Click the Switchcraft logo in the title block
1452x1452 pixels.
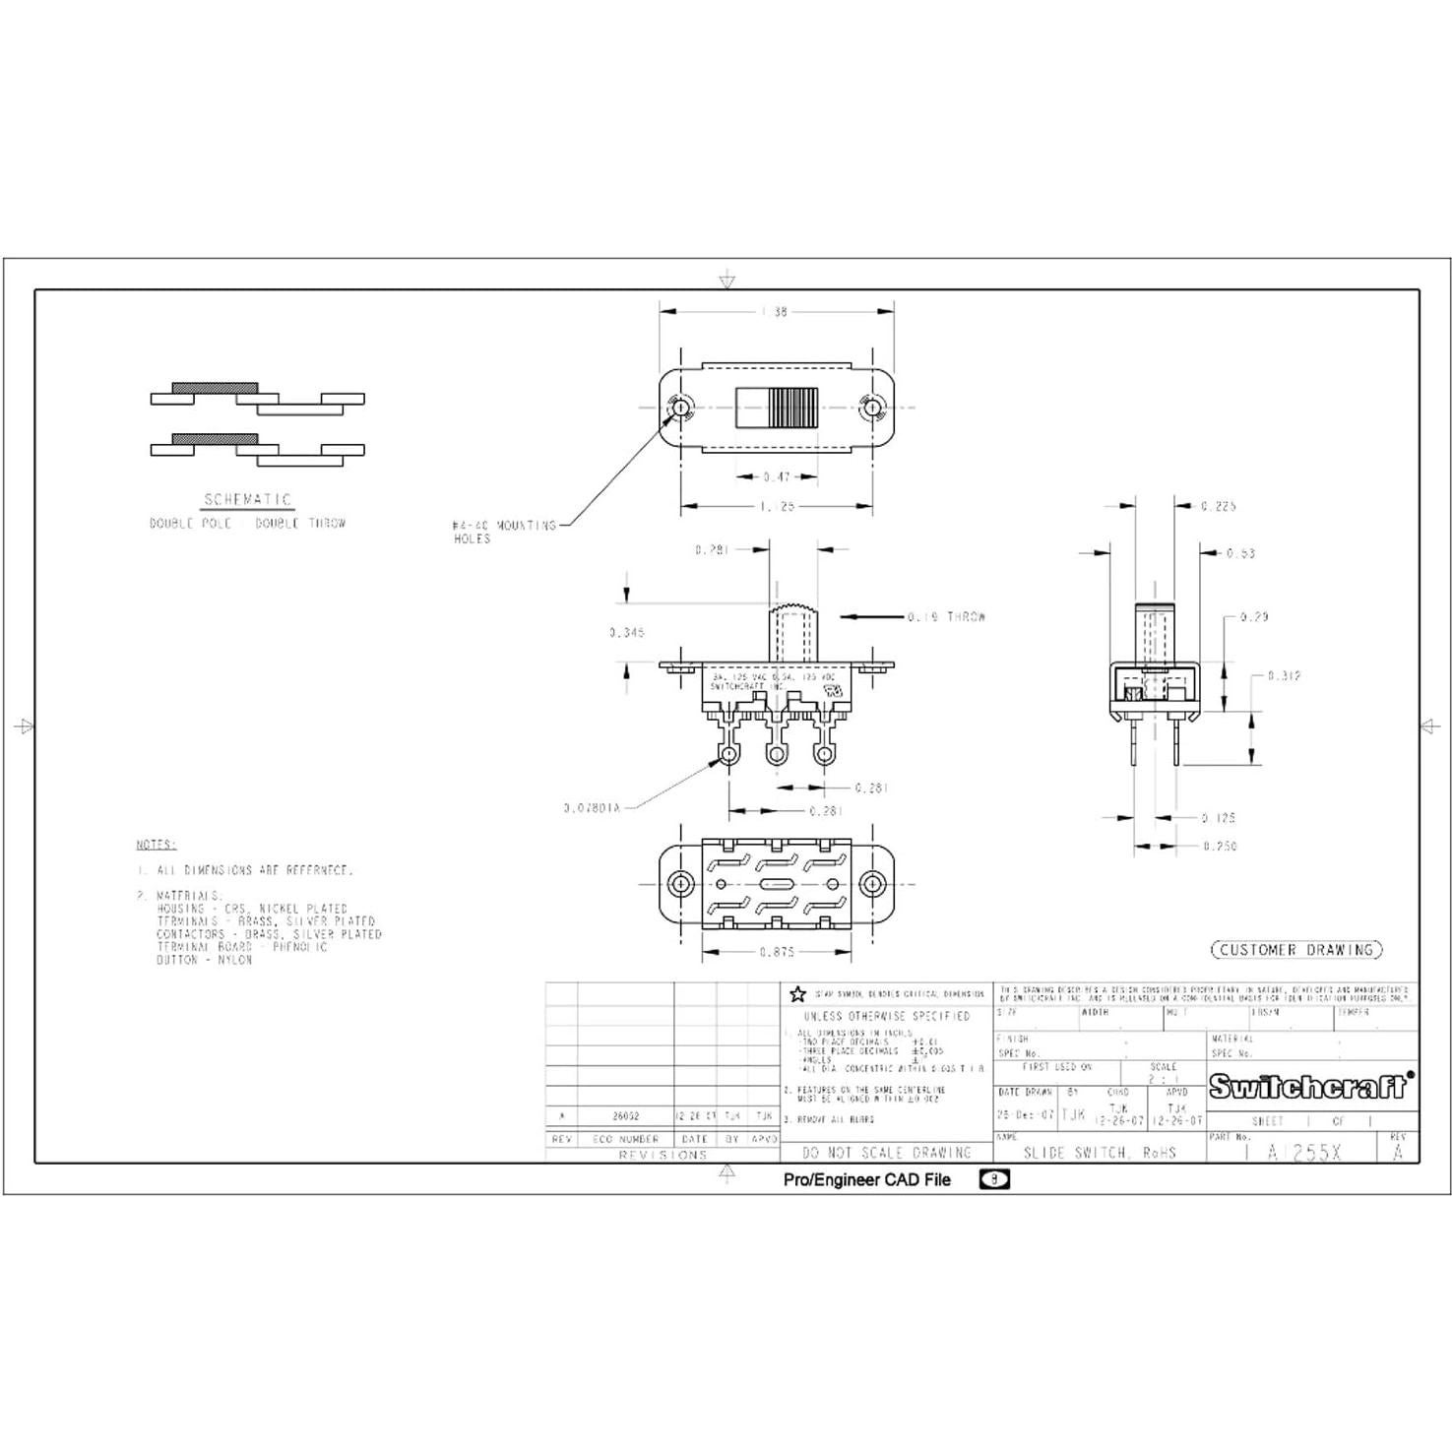(x=1310, y=1086)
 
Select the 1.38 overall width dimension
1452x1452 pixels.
(x=775, y=312)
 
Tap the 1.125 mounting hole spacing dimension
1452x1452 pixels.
(x=777, y=506)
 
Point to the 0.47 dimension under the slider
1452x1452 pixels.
(x=777, y=477)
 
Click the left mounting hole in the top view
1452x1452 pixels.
(x=679, y=407)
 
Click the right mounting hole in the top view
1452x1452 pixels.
(x=870, y=407)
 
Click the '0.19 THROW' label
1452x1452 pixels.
(x=945, y=617)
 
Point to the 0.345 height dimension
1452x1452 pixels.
(x=627, y=632)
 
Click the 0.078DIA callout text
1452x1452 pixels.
(x=591, y=808)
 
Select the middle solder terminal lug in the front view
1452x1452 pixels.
(x=776, y=754)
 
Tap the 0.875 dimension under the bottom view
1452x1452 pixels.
(x=777, y=952)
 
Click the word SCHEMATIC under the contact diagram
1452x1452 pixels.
(x=247, y=500)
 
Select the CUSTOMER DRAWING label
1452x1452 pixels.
(x=1295, y=950)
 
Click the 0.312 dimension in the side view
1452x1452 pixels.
(x=1284, y=676)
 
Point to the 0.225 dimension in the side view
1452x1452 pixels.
(x=1218, y=506)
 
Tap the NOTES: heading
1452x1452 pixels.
(x=156, y=845)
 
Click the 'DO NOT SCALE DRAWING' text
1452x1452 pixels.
(x=886, y=1152)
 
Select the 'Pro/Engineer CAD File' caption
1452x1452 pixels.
(x=866, y=1179)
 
